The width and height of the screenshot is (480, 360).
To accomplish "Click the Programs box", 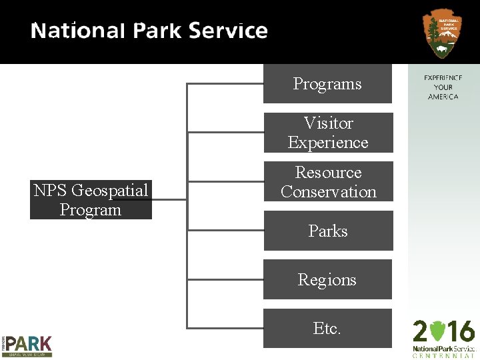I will pyautogui.click(x=327, y=84).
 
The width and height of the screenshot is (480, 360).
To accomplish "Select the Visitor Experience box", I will pyautogui.click(x=328, y=133).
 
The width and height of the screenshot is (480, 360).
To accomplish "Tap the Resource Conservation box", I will pyautogui.click(x=328, y=181).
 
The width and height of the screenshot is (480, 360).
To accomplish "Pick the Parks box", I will pyautogui.click(x=328, y=231).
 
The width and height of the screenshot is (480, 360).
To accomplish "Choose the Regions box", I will pyautogui.click(x=327, y=279).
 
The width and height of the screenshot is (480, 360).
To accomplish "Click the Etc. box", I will pyautogui.click(x=327, y=328).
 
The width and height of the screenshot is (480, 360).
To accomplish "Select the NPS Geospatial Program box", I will pyautogui.click(x=91, y=199).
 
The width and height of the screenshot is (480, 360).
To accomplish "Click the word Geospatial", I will pyautogui.click(x=109, y=191).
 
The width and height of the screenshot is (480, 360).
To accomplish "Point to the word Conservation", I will pyautogui.click(x=329, y=192).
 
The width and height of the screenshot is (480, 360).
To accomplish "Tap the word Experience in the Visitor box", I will pyautogui.click(x=328, y=143).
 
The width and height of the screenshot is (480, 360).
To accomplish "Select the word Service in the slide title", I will pyautogui.click(x=228, y=31).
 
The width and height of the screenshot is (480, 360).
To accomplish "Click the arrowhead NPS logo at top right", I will pyautogui.click(x=442, y=33).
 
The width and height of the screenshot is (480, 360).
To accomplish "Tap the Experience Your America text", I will pyautogui.click(x=443, y=87).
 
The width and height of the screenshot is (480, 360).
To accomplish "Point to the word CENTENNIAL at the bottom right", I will pyautogui.click(x=443, y=355).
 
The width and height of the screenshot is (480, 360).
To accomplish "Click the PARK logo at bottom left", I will pyautogui.click(x=27, y=345).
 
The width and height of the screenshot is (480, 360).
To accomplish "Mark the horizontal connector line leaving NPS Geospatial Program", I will pyautogui.click(x=169, y=199).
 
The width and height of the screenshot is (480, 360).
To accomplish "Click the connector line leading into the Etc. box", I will pyautogui.click(x=225, y=327).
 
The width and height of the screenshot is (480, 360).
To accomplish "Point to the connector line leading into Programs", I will pyautogui.click(x=225, y=84).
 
